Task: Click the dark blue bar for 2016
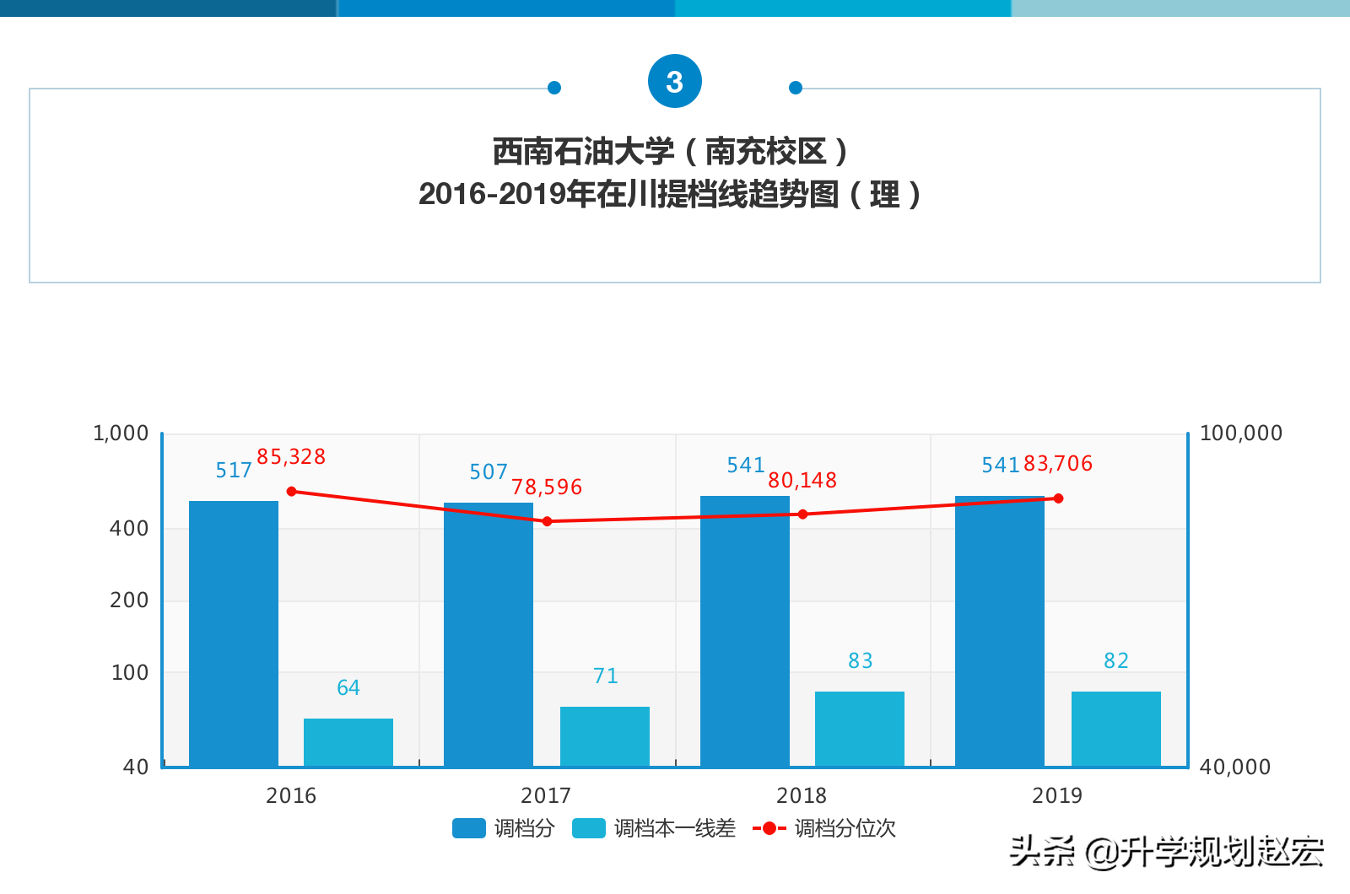234,633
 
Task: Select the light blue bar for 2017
605,735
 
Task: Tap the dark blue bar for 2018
745,631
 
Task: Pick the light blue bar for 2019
1116,728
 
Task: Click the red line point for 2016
292,492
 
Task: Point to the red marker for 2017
548,521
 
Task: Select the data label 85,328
291,457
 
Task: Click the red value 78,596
547,487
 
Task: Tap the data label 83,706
1058,464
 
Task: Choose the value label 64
348,688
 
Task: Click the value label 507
489,472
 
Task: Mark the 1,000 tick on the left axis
121,434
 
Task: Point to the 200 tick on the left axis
129,600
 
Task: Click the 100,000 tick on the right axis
1240,434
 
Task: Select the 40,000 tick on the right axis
1234,767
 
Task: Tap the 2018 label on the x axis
802,795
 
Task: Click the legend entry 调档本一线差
654,828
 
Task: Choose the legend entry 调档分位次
824,828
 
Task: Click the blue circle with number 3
675,82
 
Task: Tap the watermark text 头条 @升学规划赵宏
1166,852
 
